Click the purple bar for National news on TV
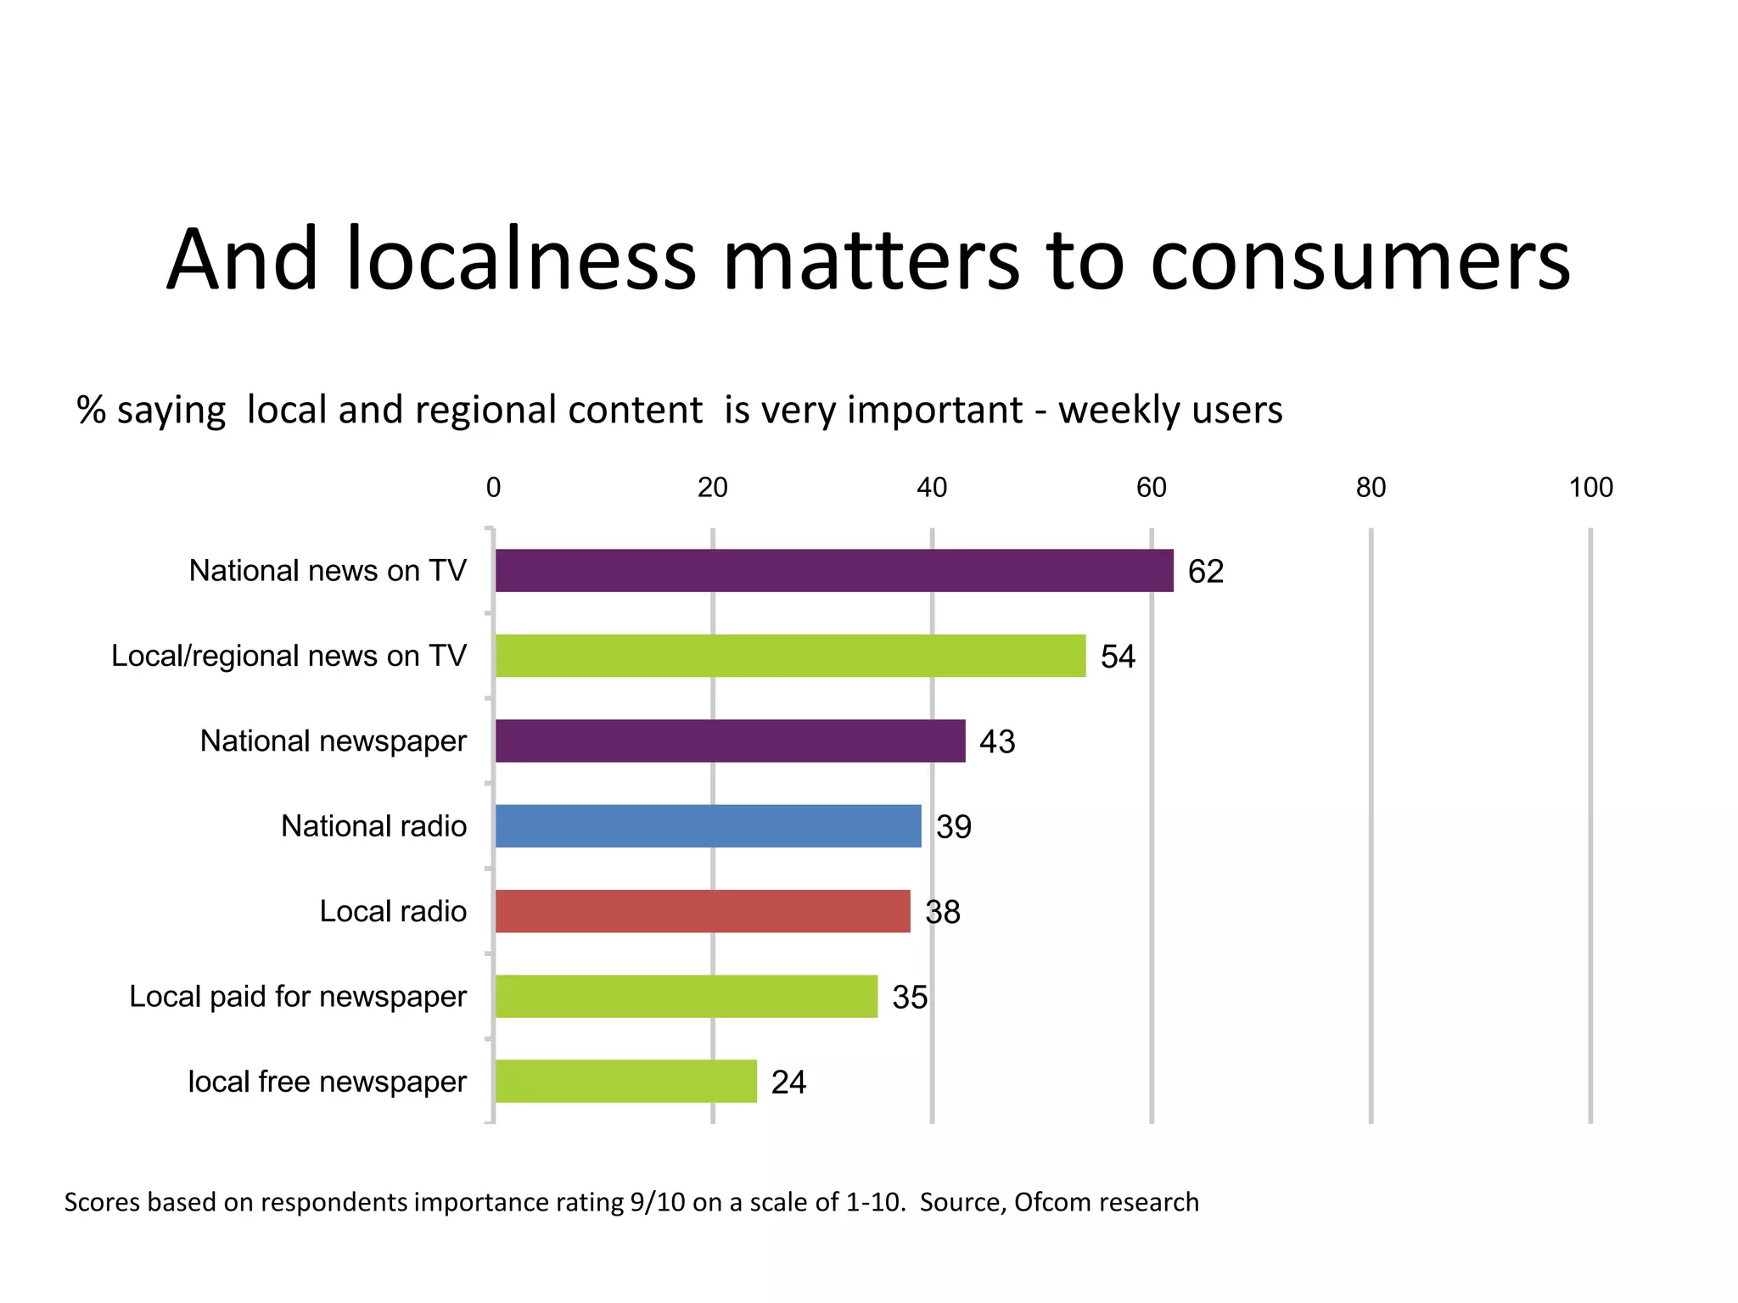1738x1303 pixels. pos(833,570)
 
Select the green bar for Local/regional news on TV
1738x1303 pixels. pos(789,656)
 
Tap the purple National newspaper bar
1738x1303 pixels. pos(730,741)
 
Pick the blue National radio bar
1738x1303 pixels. pos(708,825)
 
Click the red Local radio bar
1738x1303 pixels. pos(702,911)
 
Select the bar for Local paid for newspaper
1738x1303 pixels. pos(686,996)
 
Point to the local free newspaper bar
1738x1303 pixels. pos(625,1081)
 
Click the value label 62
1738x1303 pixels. pos(1205,572)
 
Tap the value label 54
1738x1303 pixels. pos(1118,657)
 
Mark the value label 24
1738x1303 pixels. pos(788,1082)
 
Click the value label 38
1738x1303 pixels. pos(942,913)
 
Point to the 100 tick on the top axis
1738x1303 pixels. pos(1589,488)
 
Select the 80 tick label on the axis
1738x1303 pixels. pos(1370,488)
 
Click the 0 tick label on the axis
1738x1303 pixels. pos(493,488)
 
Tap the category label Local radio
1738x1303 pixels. pos(393,911)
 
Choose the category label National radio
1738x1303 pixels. pos(373,825)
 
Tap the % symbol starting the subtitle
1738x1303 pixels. pos(91,410)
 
